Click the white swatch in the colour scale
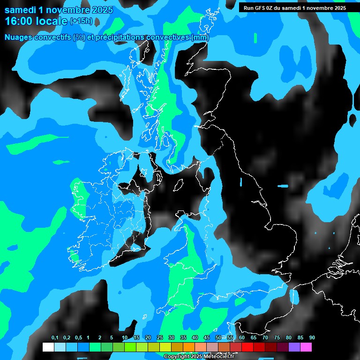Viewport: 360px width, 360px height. tap(48, 347)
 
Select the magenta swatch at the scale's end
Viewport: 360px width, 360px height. tap(306, 347)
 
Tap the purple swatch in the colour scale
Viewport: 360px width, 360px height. tap(294, 347)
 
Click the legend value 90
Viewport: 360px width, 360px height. tap(312, 337)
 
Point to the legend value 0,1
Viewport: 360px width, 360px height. tap(55, 337)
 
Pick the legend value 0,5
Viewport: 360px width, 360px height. tap(78, 337)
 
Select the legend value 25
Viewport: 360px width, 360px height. tap(160, 337)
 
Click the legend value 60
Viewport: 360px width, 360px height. tap(242, 337)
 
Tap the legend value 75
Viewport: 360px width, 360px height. tap(277, 337)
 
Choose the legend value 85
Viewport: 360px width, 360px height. tap(300, 337)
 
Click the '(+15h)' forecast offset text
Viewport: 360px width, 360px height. tap(81, 21)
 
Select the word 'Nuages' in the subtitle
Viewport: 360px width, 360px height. tap(19, 37)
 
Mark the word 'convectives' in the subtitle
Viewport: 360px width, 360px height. tap(167, 37)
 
